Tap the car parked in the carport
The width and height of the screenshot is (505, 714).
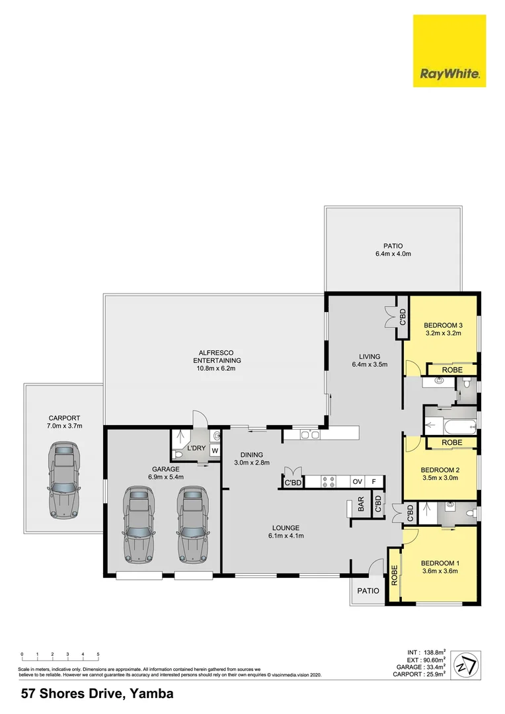coord(64,481)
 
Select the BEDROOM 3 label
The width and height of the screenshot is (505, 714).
coord(442,325)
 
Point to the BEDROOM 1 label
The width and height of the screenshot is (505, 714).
coord(440,563)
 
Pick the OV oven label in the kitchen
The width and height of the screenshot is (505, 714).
coord(358,481)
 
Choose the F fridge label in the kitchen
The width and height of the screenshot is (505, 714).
coord(374,481)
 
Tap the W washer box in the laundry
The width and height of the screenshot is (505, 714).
coord(214,450)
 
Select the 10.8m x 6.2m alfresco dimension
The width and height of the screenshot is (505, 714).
coord(217,368)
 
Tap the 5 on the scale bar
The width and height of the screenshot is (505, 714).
coord(98,654)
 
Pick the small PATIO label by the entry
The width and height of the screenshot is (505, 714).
coord(368,590)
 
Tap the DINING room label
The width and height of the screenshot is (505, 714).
coord(252,455)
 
